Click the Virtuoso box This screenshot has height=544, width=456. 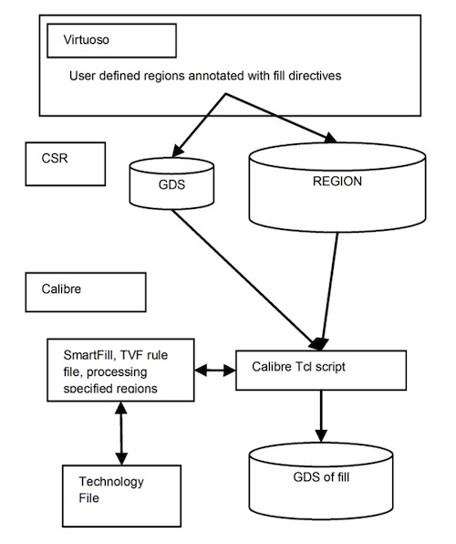tap(111, 40)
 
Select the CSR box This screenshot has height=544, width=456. tap(65, 163)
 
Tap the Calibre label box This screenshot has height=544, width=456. tap(86, 292)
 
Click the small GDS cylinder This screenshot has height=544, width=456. tap(171, 183)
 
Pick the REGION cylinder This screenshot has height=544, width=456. tap(337, 187)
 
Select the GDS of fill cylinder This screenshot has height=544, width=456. tap(321, 480)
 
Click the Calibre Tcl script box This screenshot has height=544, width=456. tap(321, 371)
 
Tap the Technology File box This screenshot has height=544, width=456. tap(121, 497)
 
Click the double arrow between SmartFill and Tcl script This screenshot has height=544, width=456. tap(215, 371)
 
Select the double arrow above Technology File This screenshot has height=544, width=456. tap(121, 434)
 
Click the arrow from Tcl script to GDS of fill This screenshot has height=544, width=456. tap(321, 416)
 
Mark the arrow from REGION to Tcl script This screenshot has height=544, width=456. tap(330, 291)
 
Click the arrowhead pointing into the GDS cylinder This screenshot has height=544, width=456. tap(178, 152)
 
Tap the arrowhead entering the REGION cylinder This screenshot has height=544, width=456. tap(330, 138)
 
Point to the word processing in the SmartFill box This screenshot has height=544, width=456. tap(117, 372)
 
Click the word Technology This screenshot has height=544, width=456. tap(111, 482)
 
